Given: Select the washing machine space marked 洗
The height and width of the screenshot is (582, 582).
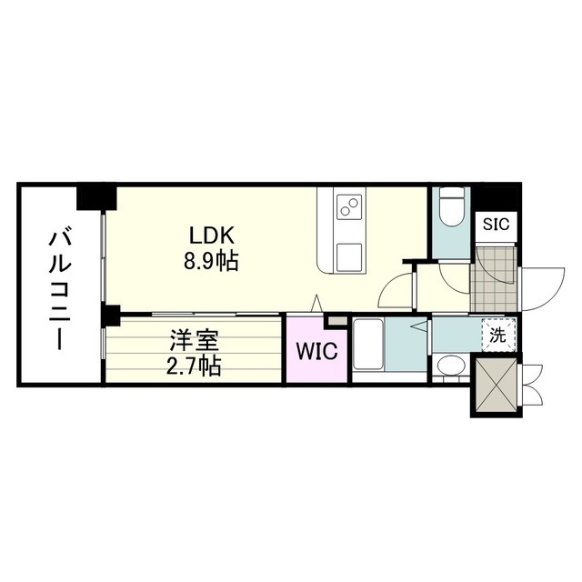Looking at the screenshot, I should coord(497,335).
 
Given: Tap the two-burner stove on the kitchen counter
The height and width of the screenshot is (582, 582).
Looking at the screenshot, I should coord(348,206).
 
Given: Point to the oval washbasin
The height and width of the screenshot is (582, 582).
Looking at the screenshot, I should coord(450,366).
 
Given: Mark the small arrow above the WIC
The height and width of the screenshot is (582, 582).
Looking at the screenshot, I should coord(316,303).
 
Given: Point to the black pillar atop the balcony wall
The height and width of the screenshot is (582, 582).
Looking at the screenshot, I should coord(96,196).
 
